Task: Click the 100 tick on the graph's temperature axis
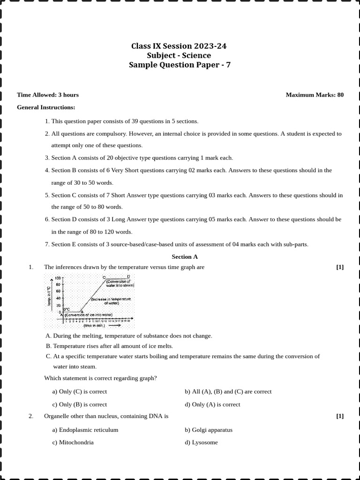click(x=58, y=278)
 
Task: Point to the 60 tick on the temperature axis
click(x=58, y=291)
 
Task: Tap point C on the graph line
click(x=104, y=277)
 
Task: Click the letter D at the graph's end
click(x=128, y=277)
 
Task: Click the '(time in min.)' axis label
click(x=94, y=325)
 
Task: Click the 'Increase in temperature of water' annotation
click(x=111, y=301)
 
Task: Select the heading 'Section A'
click(x=185, y=257)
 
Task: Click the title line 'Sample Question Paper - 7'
click(x=180, y=65)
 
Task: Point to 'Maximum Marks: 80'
click(x=315, y=95)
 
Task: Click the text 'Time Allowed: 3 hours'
click(x=48, y=95)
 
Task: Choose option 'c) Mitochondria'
click(x=73, y=442)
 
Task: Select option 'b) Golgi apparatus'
click(x=208, y=429)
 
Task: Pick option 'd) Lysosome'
click(x=201, y=442)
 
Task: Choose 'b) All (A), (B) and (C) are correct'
click(x=228, y=391)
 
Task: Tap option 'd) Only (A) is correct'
click(x=212, y=404)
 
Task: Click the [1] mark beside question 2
click(x=340, y=416)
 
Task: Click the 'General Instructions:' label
click(x=46, y=107)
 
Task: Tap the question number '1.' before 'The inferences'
click(x=31, y=267)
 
